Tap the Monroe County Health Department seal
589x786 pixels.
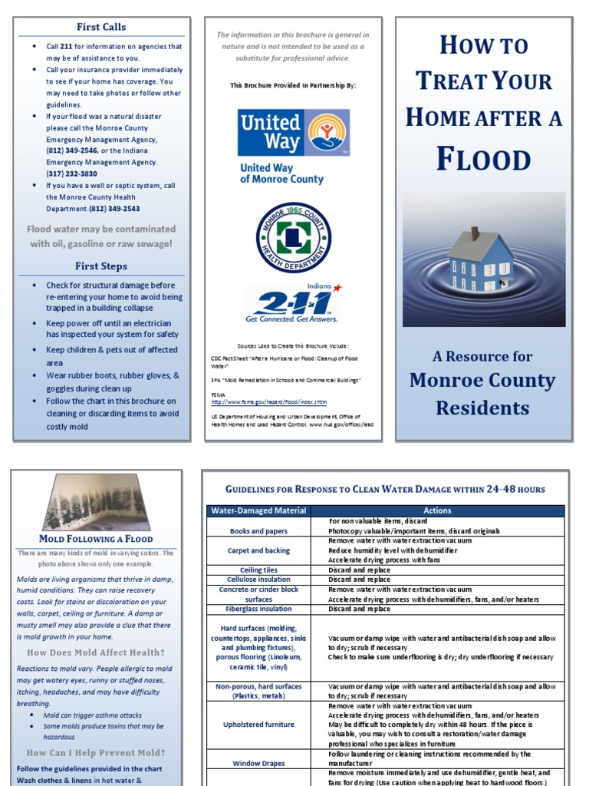coord(293,238)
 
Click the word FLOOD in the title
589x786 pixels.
coord(483,159)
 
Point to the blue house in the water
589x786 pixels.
coord(481,259)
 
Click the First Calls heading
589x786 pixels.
coord(101,27)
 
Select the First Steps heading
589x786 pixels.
coord(101,266)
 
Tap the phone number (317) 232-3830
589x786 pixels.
coord(71,174)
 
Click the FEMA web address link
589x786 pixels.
coord(268,401)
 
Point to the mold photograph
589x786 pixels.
coord(96,502)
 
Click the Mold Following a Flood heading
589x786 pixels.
coord(96,539)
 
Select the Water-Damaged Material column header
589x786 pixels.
coord(258,510)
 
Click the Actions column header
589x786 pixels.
coord(437,510)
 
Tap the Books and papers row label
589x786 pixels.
coord(258,531)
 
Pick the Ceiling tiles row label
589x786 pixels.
coord(258,570)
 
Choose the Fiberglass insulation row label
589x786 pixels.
coord(258,609)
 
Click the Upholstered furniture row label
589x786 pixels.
coord(258,725)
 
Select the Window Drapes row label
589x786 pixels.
coord(258,764)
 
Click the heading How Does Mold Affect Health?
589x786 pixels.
coord(96,652)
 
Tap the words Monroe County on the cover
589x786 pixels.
coord(482,381)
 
